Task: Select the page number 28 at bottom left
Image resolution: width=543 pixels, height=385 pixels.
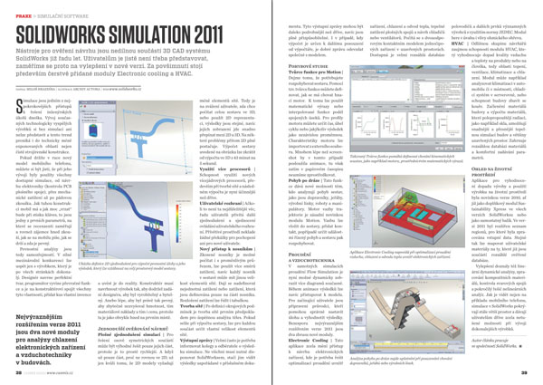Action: (12, 377)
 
